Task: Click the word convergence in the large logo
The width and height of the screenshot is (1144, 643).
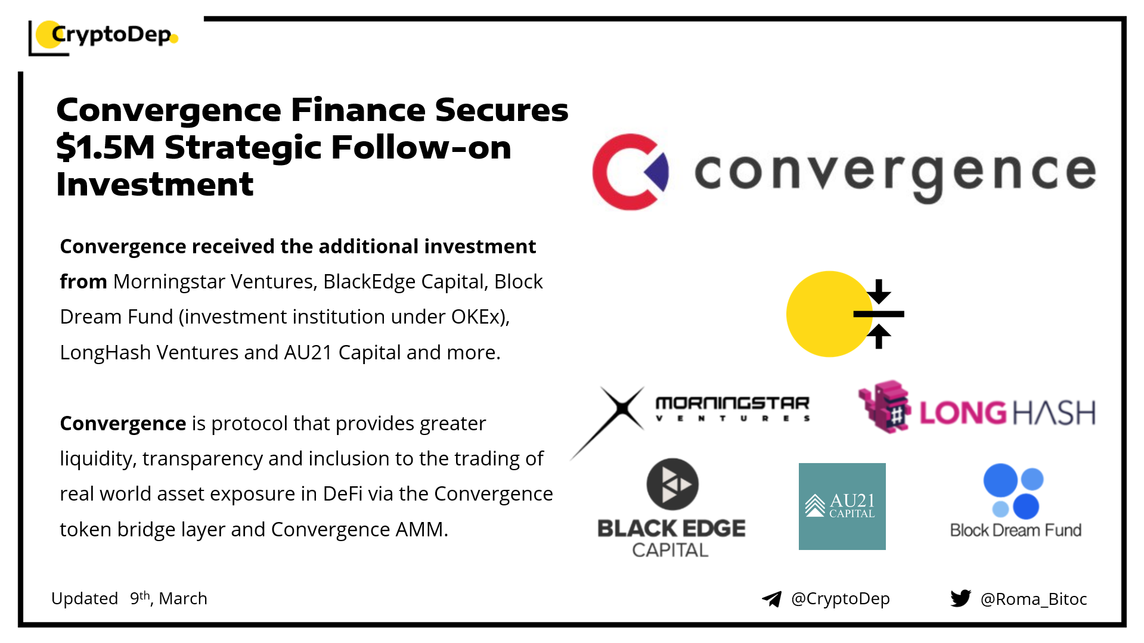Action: coord(894,173)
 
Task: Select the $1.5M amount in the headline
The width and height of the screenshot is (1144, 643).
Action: coord(106,147)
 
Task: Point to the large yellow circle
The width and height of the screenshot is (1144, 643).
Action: coord(826,314)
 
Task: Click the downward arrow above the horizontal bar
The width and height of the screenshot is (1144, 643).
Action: coord(879,292)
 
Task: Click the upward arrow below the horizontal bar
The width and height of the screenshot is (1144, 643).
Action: coord(879,336)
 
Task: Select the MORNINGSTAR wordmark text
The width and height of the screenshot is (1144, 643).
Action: coord(732,403)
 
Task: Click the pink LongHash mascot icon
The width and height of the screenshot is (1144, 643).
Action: coord(885,407)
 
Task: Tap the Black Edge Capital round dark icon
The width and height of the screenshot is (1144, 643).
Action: coord(672,484)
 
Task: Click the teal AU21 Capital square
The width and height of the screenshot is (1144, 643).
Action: coord(842,506)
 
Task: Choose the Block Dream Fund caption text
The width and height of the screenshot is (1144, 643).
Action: coord(1015,530)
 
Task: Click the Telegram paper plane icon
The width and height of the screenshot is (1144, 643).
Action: coord(771,599)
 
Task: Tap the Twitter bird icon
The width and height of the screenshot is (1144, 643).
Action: coord(960,598)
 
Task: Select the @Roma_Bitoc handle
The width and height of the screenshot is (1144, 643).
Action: coord(1034,599)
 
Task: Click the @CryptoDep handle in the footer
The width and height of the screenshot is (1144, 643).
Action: coord(840,598)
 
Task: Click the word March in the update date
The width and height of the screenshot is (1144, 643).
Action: coord(183,598)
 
